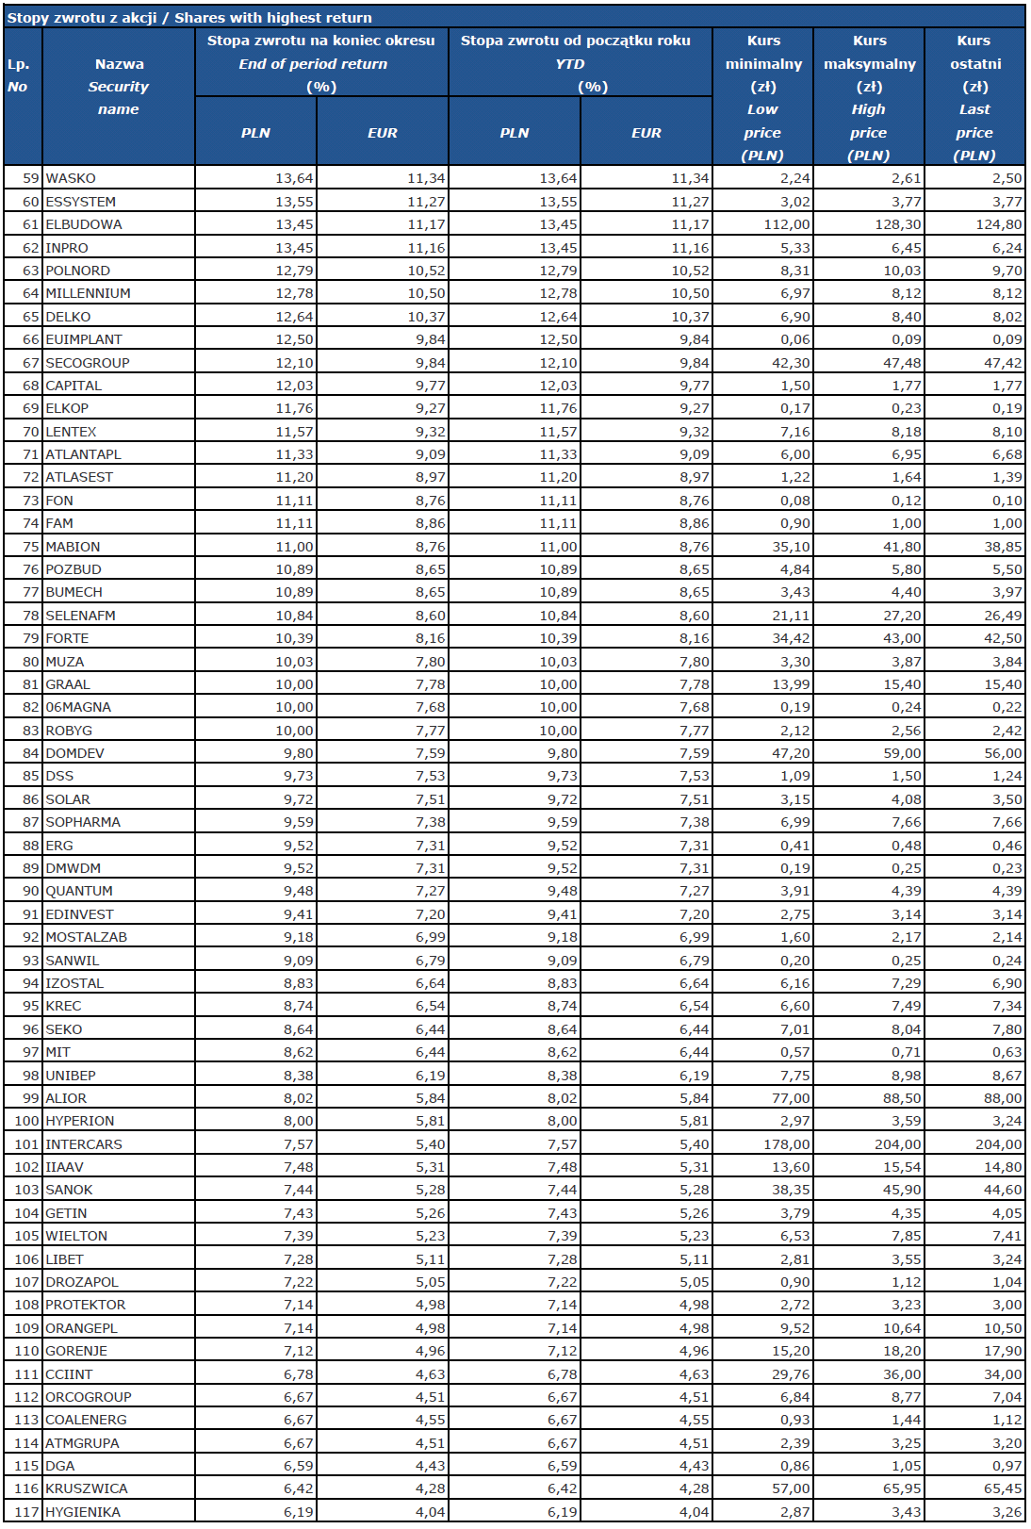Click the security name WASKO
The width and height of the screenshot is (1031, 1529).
pos(71,178)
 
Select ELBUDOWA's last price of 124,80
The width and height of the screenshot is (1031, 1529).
pos(998,224)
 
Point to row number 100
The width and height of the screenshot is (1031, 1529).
pos(26,1121)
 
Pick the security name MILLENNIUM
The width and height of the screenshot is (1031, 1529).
pos(88,293)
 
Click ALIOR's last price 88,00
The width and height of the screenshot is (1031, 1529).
pos(1002,1098)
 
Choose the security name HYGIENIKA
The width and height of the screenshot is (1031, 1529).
pos(83,1512)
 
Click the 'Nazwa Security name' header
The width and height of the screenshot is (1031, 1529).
pos(119,87)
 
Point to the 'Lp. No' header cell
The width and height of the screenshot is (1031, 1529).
pos(19,75)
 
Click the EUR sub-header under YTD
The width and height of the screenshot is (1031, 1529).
pos(646,133)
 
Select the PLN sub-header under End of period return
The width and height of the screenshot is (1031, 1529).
pos(255,133)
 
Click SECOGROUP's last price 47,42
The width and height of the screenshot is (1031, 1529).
pos(1002,363)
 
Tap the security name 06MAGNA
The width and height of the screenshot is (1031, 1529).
pos(78,707)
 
